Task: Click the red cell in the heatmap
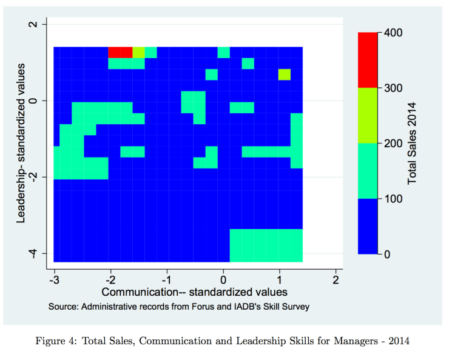tap(120, 52)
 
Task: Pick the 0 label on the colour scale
tap(388, 255)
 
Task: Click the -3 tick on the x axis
tap(54, 279)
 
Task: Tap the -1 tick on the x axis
tap(166, 279)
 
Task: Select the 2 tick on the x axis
tap(335, 279)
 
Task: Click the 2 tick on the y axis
tap(33, 24)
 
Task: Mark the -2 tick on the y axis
tap(33, 176)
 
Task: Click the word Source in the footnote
tap(62, 307)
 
